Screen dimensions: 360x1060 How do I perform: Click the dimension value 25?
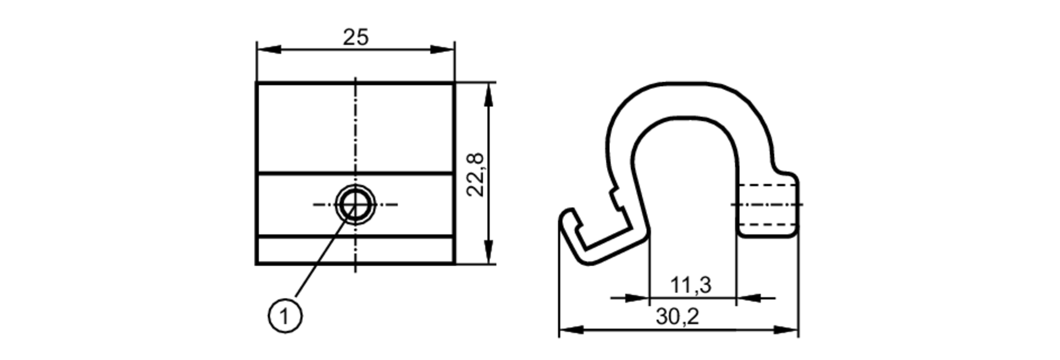click(x=355, y=38)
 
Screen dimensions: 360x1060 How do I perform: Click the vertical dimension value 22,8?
click(x=475, y=174)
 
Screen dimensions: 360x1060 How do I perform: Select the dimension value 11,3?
click(x=691, y=285)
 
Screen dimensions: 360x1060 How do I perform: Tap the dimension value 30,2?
click(x=677, y=317)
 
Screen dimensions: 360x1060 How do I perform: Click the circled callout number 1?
click(x=285, y=317)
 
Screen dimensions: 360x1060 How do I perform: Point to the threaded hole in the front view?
click(x=355, y=204)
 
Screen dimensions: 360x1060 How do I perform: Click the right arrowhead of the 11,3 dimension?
click(x=748, y=298)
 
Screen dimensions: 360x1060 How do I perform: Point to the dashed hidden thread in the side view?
click(x=766, y=205)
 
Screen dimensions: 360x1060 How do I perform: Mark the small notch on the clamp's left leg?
click(x=616, y=199)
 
